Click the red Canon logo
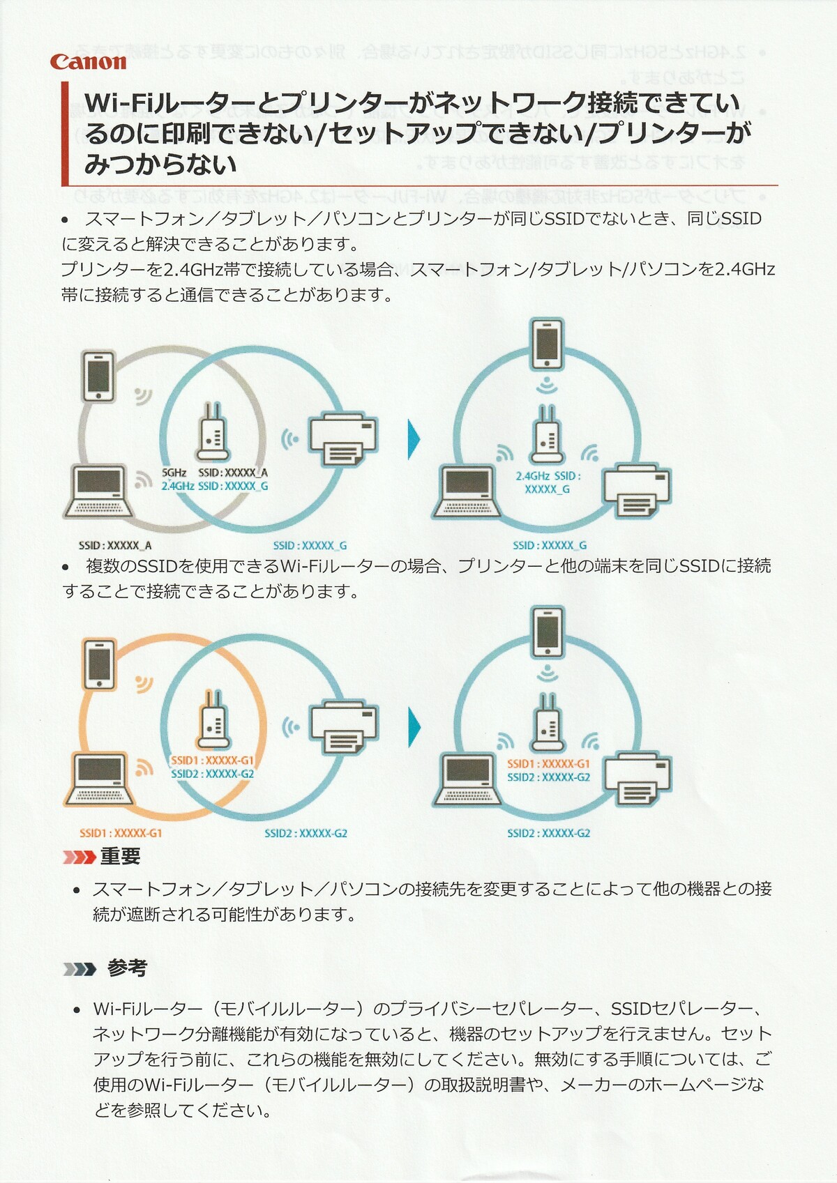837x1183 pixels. (x=88, y=61)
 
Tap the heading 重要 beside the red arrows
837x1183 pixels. (x=120, y=856)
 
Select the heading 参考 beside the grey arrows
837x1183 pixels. (x=127, y=968)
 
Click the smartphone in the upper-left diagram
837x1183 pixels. (x=99, y=377)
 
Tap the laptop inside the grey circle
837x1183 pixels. (x=100, y=491)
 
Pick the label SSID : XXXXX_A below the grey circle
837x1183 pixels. (x=115, y=545)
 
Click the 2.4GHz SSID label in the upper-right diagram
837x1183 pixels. (x=548, y=482)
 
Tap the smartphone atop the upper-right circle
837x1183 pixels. (x=547, y=343)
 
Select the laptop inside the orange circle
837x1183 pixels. (x=100, y=779)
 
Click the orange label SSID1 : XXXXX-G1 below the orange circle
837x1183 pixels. (x=121, y=833)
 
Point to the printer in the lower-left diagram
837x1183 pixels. (x=344, y=728)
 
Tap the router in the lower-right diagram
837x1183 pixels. (x=548, y=723)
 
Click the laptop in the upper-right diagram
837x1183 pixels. (x=467, y=492)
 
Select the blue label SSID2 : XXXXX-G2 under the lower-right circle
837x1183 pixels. (x=548, y=833)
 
